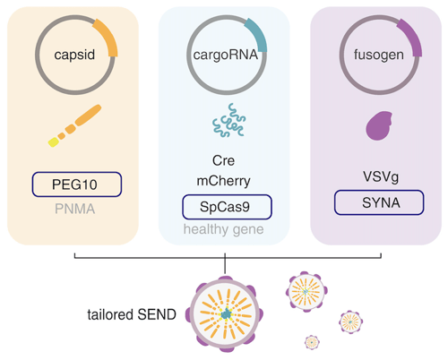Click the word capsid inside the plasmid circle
point(74,55)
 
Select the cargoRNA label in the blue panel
point(226,55)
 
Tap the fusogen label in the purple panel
point(379,55)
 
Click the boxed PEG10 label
point(77,184)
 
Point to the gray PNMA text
point(74,209)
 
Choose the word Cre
point(223,160)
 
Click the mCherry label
point(223,181)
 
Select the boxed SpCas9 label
point(227,207)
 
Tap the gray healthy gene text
point(223,229)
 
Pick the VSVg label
point(381,176)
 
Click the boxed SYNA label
point(379,202)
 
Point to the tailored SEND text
point(132,314)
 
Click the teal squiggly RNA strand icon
point(229,120)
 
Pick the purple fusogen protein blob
point(379,125)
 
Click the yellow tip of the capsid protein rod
point(53,142)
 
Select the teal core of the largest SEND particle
point(227,313)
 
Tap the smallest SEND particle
point(312,342)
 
